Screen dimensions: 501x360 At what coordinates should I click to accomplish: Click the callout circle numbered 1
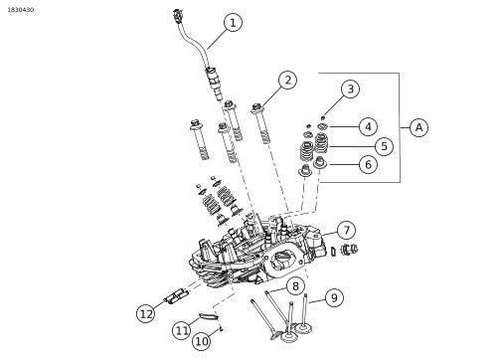point(233,23)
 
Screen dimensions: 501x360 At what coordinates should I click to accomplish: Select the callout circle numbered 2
point(287,81)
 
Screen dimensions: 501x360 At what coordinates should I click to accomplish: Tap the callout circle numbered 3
point(350,89)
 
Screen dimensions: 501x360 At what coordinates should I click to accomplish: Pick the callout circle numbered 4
point(368,126)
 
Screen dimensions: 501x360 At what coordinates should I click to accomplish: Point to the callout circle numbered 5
point(384,146)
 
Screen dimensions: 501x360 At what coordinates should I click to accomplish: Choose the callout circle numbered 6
point(368,164)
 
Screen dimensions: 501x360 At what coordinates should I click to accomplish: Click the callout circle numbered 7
point(347,230)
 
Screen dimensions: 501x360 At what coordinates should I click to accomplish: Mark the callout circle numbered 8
point(295,286)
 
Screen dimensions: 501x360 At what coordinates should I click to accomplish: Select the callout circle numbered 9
point(334,297)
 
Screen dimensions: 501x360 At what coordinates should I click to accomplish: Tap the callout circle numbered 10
point(202,341)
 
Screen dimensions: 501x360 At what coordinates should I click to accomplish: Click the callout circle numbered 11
point(182,330)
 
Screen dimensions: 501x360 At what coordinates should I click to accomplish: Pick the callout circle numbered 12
point(146,313)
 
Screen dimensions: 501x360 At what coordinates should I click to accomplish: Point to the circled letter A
point(418,127)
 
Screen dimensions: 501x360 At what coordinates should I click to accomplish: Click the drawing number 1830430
point(21,10)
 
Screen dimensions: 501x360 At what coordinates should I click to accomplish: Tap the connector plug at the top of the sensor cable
point(178,16)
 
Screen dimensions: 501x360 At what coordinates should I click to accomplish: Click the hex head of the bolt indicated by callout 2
point(256,107)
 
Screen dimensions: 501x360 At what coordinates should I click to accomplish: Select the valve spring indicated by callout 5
point(321,142)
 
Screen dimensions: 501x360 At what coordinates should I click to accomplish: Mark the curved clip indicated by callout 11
point(208,316)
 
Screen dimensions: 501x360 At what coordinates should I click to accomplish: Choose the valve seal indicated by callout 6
point(320,162)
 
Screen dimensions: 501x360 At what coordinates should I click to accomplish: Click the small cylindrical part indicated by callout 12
point(177,295)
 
